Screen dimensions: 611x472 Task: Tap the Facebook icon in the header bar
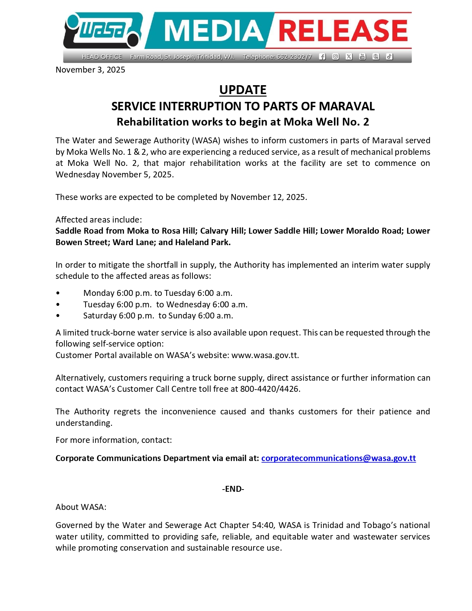pos(322,57)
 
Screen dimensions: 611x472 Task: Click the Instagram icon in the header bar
pos(335,57)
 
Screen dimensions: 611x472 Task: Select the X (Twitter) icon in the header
pos(349,57)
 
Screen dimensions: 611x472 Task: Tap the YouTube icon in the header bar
pos(362,57)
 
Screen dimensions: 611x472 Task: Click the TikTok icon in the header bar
pos(389,57)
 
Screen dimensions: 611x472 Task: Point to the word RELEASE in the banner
pos(343,31)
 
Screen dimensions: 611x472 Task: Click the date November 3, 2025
pos(90,70)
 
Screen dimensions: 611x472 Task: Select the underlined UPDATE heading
pos(242,90)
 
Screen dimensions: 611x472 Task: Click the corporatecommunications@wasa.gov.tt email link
pos(338,458)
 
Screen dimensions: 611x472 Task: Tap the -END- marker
pos(233,489)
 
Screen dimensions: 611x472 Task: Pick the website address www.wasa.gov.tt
pos(265,355)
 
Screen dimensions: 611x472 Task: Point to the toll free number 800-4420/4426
pos(270,389)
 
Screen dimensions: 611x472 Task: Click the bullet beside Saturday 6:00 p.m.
pos(58,316)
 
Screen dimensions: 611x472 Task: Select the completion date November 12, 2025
pos(268,197)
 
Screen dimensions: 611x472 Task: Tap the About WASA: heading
pos(81,507)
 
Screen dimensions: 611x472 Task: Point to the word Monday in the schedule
pos(99,293)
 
